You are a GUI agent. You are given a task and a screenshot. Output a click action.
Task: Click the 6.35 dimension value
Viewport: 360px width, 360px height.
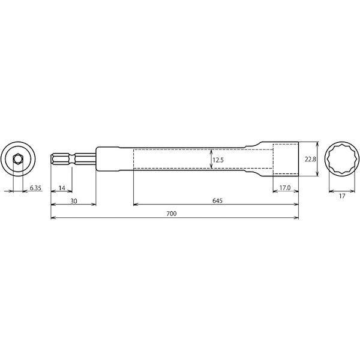coord(35,188)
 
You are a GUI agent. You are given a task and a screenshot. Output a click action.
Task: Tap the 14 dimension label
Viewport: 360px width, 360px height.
coord(62,188)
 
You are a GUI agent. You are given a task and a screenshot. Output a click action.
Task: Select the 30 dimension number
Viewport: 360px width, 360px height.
coord(74,201)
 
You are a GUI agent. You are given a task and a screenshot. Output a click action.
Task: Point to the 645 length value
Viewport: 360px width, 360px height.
coord(217,201)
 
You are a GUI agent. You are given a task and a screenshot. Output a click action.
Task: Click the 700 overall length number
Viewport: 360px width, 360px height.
coord(172,214)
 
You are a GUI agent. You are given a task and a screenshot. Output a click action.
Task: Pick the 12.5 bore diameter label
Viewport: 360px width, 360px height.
coord(218,160)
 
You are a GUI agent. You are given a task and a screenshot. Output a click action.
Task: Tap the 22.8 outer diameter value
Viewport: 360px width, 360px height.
coord(310,159)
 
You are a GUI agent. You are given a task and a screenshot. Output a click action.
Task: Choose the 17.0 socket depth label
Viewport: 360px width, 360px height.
coord(285,188)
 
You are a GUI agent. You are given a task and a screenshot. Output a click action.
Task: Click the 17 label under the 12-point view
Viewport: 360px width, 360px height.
coord(342,196)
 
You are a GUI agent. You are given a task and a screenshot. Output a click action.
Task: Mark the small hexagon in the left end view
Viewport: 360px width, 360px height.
coord(17,158)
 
